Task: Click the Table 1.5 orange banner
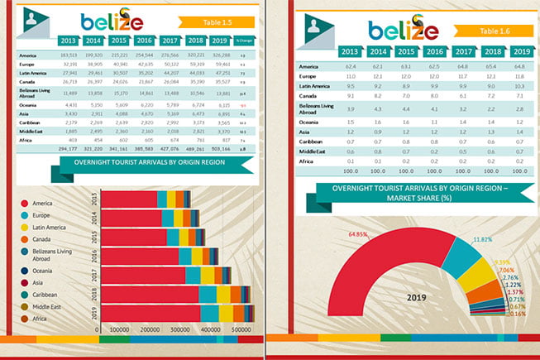click(213, 22)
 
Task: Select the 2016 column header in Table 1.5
click(144, 40)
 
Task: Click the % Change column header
click(243, 40)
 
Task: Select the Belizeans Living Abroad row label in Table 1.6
click(316, 108)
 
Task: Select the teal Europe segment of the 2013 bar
click(161, 199)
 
